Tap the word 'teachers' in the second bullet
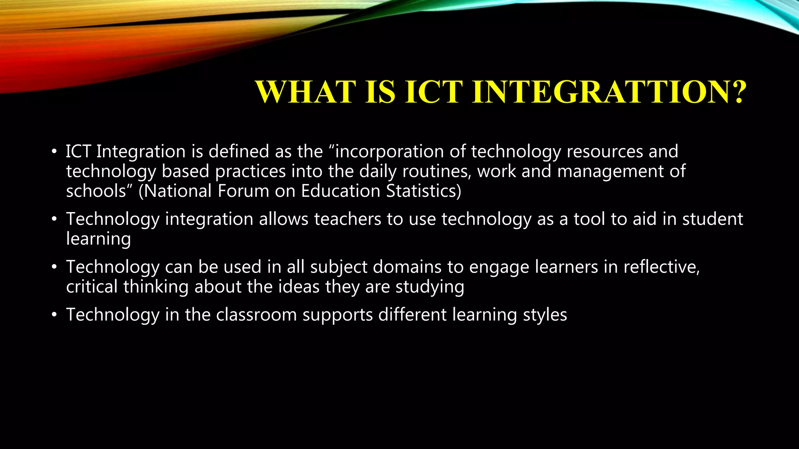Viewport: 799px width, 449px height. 348,219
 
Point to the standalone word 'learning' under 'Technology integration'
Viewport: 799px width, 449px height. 98,239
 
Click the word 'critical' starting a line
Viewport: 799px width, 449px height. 92,287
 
